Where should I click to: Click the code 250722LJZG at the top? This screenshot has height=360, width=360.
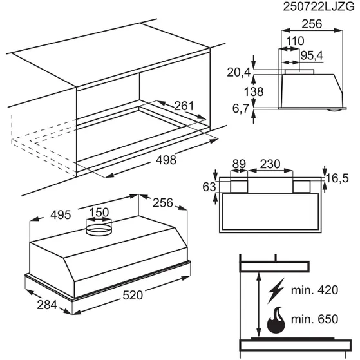coord(319,7)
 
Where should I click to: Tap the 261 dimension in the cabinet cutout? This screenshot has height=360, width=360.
coord(184,106)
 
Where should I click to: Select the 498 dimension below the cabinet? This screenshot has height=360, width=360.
coord(166,160)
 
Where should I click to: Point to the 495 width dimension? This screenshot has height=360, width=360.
coord(61,215)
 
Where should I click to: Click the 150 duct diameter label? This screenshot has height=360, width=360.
coord(99,213)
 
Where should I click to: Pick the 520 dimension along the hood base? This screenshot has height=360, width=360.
coord(133,295)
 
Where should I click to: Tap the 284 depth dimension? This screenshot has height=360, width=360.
coord(47,305)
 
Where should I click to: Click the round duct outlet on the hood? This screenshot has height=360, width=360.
coord(99,230)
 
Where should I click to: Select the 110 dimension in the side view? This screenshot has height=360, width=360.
coord(295,41)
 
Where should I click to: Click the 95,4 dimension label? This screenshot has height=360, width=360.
coord(312,55)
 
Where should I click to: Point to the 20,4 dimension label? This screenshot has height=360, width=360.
coord(238,73)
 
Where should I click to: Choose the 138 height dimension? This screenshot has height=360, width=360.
coord(254,92)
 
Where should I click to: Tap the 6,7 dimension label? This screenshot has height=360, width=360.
coord(241,108)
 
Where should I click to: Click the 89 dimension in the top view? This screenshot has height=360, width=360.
coord(239,164)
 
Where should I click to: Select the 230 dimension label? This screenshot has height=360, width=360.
coord(270,164)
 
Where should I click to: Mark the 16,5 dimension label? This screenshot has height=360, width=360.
coord(337,178)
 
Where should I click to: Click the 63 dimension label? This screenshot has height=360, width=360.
coord(209,187)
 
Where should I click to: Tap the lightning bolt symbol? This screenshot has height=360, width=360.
coord(276,290)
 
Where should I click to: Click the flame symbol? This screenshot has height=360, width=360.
coord(276,319)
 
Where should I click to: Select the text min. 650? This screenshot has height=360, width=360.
coord(314,319)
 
